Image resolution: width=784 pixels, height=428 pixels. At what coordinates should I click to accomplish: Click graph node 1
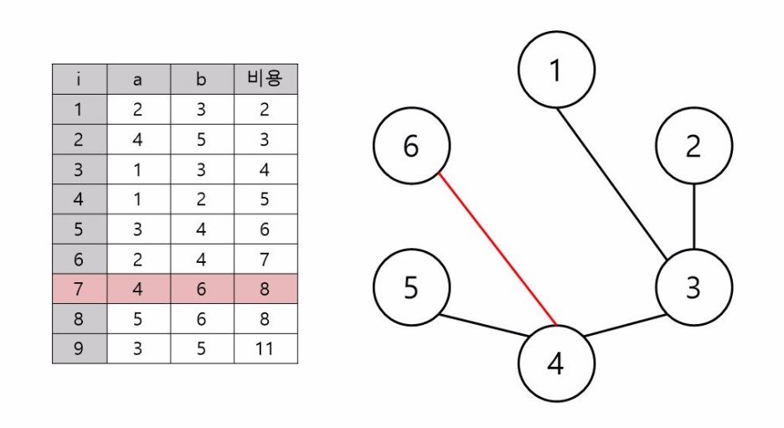(x=555, y=71)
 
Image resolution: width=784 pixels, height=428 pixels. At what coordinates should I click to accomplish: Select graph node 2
(x=693, y=147)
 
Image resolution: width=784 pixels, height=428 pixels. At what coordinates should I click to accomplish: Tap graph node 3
(x=693, y=287)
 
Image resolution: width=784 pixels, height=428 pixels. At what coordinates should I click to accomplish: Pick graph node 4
(x=555, y=364)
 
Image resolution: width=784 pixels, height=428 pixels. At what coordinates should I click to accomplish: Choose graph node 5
(x=410, y=287)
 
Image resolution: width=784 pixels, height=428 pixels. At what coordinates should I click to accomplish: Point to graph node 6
(x=410, y=147)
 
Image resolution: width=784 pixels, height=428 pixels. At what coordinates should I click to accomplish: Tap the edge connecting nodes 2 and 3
(x=694, y=217)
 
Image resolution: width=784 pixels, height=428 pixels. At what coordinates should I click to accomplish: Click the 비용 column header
(x=265, y=80)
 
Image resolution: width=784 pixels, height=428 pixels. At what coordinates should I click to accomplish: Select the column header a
(x=138, y=80)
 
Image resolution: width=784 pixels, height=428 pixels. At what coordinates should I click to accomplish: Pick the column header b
(x=201, y=80)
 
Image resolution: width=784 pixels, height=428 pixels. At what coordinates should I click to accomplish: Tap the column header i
(x=79, y=80)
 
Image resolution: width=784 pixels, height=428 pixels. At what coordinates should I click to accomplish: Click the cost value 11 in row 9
(x=265, y=348)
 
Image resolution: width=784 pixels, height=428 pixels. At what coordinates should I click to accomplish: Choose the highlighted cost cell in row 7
(x=265, y=288)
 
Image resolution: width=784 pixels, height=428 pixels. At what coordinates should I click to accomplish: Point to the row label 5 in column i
(x=79, y=229)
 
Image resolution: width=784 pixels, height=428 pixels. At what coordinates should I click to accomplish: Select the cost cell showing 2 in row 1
(x=265, y=110)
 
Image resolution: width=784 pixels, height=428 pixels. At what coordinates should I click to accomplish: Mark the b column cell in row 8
(x=201, y=318)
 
